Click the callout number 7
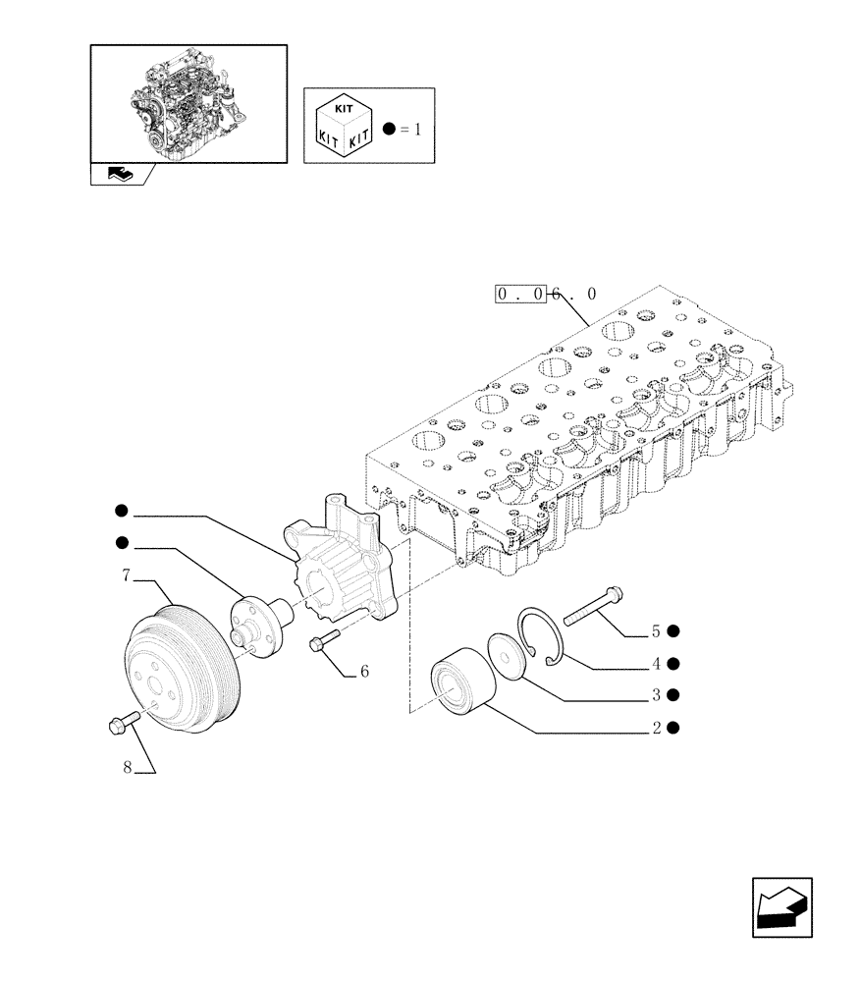pos(127,576)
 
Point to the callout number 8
pos(128,769)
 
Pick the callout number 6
pos(363,673)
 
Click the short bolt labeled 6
pos(324,642)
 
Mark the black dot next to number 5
pos(674,630)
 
